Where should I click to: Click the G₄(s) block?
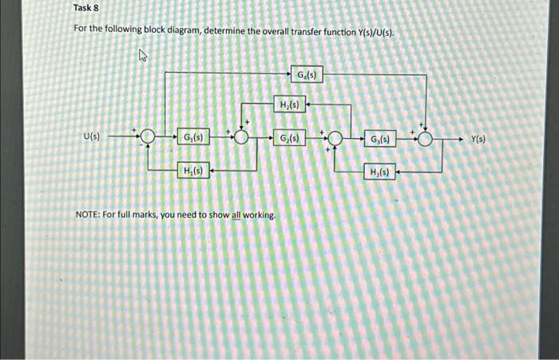tap(306, 75)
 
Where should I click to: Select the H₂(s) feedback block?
tap(288, 105)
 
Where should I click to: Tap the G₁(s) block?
tap(192, 137)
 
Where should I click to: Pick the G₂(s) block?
tap(289, 138)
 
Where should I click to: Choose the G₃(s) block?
tap(379, 139)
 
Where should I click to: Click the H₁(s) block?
tap(192, 170)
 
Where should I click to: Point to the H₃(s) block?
tap(379, 172)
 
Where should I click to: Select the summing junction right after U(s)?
tap(147, 138)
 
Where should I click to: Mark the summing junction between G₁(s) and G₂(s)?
tap(241, 138)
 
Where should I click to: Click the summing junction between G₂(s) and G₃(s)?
tap(334, 139)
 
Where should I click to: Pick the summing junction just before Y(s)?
tap(426, 139)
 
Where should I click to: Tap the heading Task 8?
tap(85, 8)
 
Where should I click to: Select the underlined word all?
tap(236, 216)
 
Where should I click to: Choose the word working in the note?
tap(260, 216)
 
